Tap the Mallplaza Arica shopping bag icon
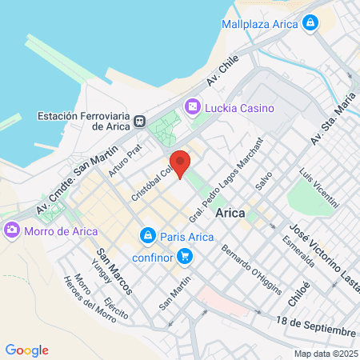(309, 24)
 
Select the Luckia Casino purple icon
(192, 107)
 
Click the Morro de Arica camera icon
(12, 231)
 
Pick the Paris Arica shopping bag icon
(147, 236)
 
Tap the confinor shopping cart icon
(185, 256)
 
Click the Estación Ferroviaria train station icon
(141, 121)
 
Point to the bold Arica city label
(230, 213)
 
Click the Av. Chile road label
(223, 74)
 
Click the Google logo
(26, 350)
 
